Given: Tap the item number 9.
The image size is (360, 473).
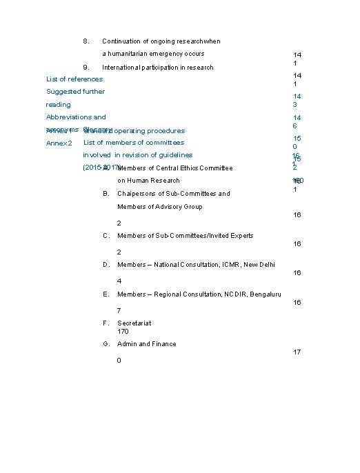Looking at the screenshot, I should coord(85,68).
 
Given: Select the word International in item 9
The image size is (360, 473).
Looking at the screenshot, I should coord(121,68).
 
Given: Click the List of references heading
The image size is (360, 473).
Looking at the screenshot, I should coord(74,79).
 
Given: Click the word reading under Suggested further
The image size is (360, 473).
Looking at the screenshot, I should coord(58,105).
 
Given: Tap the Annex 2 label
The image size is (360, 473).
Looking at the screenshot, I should coord(59,143).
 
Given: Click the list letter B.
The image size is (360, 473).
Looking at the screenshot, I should coord(105,194).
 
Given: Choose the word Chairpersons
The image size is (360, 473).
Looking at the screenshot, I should coord(140,194).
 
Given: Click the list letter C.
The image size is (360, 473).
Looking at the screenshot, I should coord(105,236).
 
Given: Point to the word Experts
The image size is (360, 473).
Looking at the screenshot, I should coord(240,236).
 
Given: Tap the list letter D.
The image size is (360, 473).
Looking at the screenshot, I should coord(105,265).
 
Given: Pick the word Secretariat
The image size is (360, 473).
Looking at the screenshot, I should coord(134,323).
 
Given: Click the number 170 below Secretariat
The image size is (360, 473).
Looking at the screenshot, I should coord(123,332).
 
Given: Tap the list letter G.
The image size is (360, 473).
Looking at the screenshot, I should coord(105,344).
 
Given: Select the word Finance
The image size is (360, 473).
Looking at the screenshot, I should coord(163,344).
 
